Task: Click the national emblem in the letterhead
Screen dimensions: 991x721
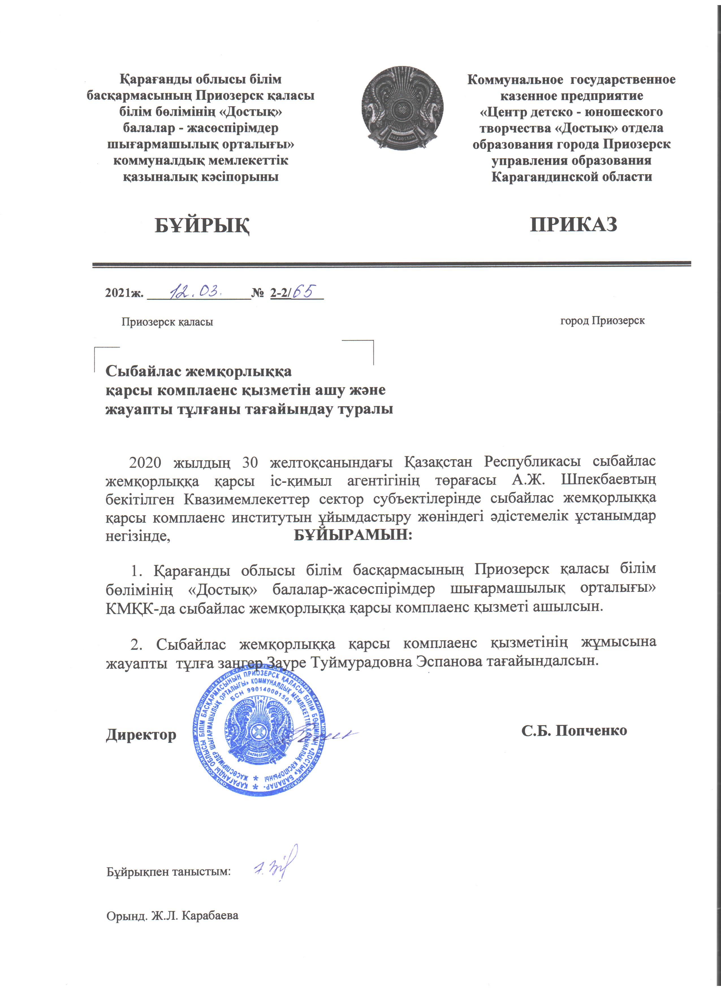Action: point(402,109)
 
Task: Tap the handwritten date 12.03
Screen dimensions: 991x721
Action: point(199,290)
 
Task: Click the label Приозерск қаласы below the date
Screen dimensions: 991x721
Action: point(167,322)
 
